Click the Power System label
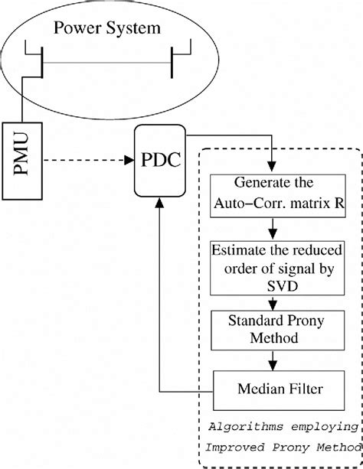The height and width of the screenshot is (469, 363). (107, 28)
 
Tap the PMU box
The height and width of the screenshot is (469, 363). (22, 161)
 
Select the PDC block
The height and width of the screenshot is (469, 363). (160, 161)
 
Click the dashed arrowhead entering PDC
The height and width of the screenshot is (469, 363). (129, 161)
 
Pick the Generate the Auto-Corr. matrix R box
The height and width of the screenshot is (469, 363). (278, 196)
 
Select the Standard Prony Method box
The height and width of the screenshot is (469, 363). (278, 331)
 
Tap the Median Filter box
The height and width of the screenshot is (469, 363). (279, 390)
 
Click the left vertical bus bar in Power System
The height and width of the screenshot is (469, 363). (42, 62)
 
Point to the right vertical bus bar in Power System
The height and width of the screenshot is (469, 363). (172, 62)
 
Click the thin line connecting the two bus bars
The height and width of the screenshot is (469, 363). (107, 63)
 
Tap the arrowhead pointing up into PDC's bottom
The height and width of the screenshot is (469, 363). (159, 202)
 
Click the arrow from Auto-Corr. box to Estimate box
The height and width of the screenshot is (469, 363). (273, 229)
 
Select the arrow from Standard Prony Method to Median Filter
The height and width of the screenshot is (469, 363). (273, 360)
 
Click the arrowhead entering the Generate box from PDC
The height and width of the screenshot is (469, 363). (272, 166)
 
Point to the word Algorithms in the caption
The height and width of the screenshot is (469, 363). (246, 427)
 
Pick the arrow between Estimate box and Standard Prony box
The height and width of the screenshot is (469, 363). (273, 303)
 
